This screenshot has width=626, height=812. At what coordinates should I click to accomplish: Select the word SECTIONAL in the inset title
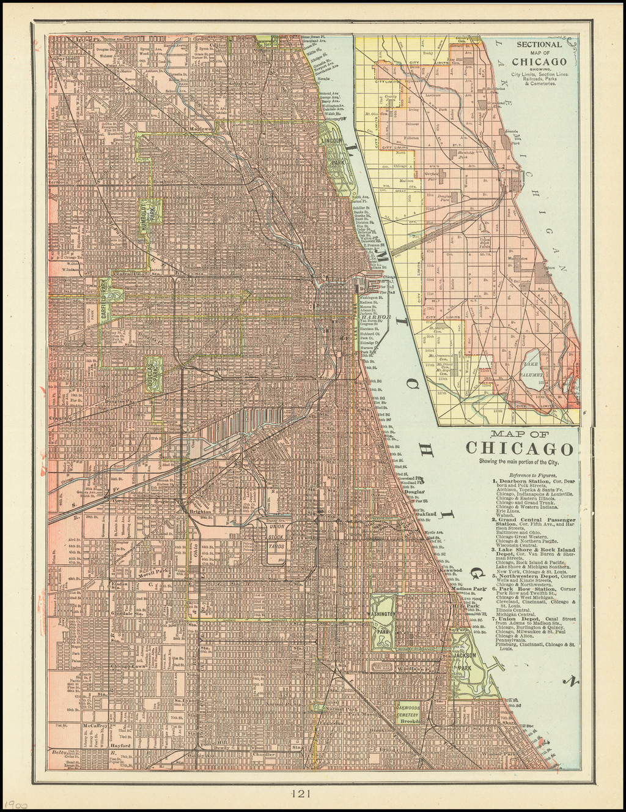tap(539, 45)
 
